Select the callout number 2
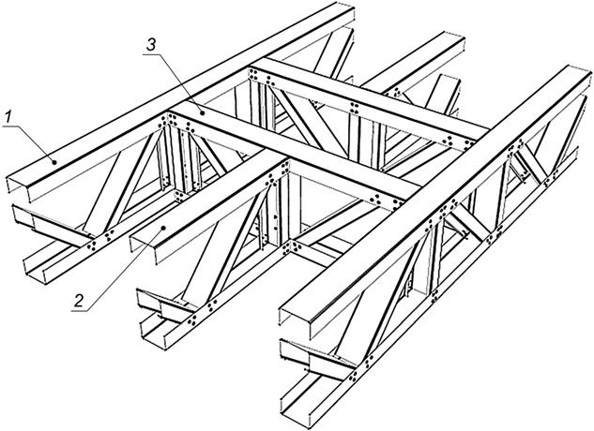point(79,301)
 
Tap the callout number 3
point(151,45)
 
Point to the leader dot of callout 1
point(55,162)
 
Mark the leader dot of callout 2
point(163,228)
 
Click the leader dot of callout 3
point(203,112)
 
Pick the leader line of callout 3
point(173,83)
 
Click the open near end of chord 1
point(20,186)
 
